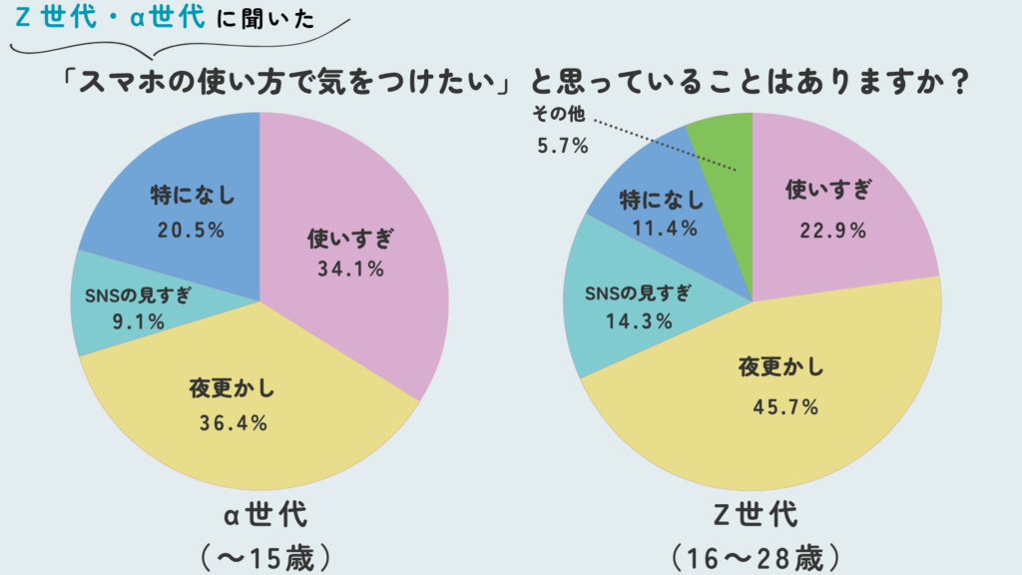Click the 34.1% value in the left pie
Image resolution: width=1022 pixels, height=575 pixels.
[351, 268]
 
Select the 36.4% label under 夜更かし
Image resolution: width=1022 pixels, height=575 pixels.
[233, 422]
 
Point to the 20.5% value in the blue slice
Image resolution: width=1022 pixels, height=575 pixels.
[190, 230]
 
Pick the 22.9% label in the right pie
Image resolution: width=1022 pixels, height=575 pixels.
[831, 230]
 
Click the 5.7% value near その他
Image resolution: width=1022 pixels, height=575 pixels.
[562, 146]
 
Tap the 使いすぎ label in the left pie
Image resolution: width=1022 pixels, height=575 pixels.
[351, 239]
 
